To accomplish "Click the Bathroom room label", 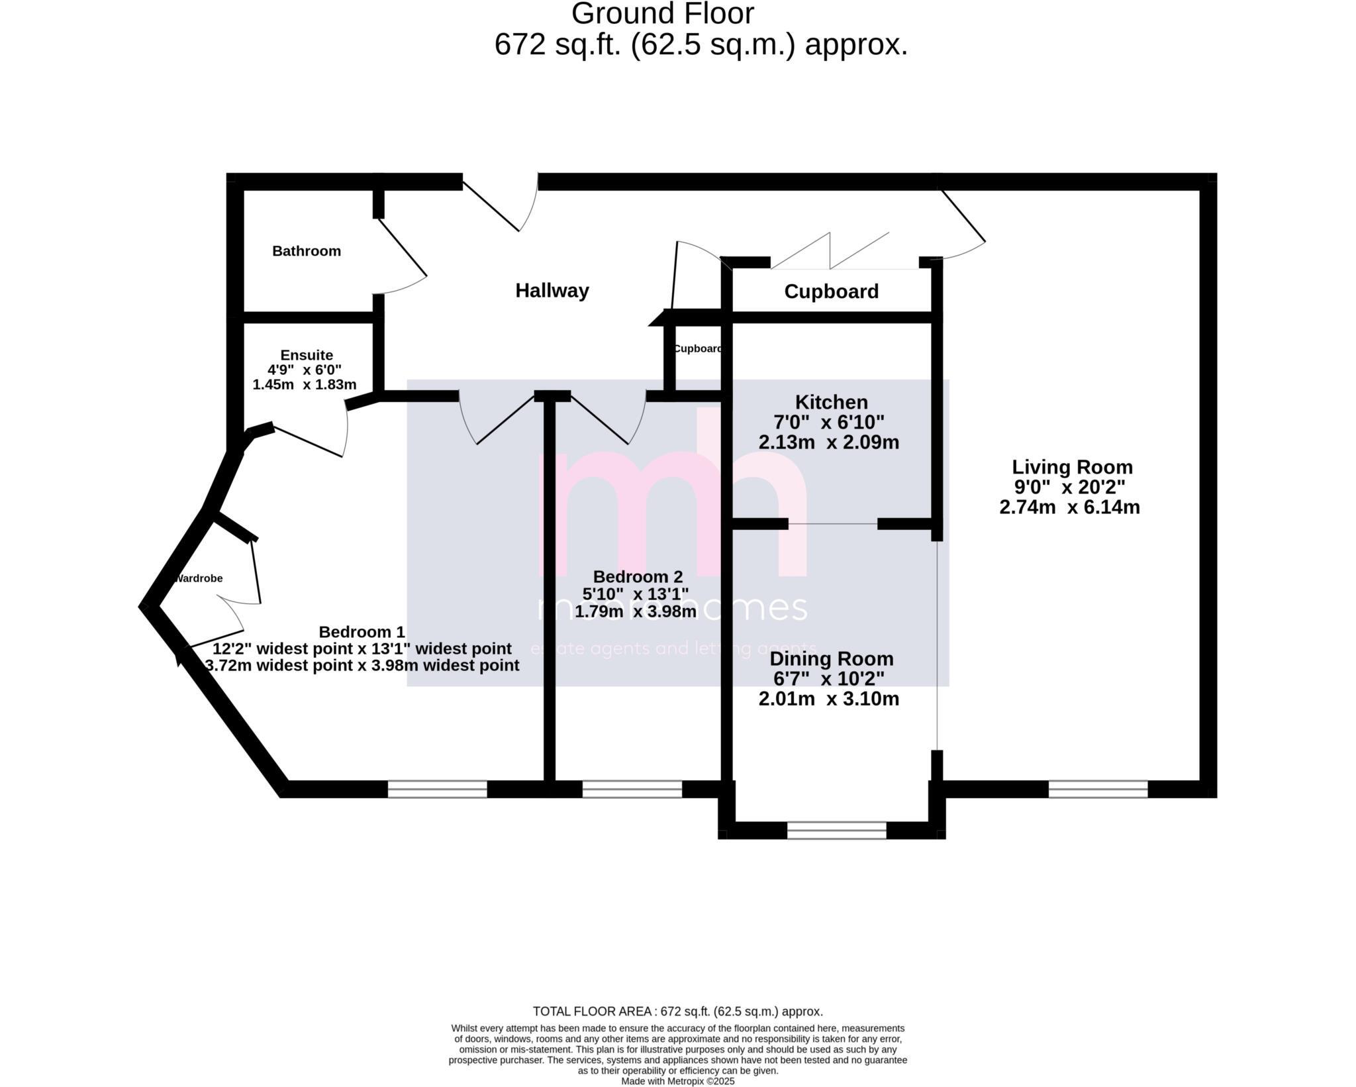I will [307, 251].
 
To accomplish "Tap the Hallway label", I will [552, 291].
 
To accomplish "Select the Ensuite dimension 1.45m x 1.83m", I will [305, 385].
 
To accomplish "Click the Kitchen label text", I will [831, 402].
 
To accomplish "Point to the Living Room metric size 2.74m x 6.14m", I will [1069, 507].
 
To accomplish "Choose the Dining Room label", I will [831, 659].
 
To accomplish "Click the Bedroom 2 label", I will [638, 576].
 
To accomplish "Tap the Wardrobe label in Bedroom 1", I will [199, 578].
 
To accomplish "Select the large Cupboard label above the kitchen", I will [831, 291].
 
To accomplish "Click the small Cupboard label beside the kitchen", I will [697, 349].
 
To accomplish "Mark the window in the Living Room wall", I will [1098, 789].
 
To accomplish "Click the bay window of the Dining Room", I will [836, 831].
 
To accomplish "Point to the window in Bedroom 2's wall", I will [632, 789].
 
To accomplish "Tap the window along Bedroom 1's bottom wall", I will [437, 789].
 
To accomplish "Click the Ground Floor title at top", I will [662, 13].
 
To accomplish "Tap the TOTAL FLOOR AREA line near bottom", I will [677, 1011].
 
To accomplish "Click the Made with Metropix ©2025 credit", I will [677, 1081].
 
